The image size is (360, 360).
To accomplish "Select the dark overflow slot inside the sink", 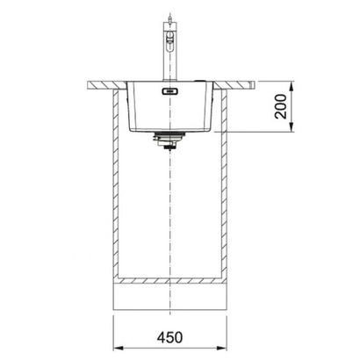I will (166, 89).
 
